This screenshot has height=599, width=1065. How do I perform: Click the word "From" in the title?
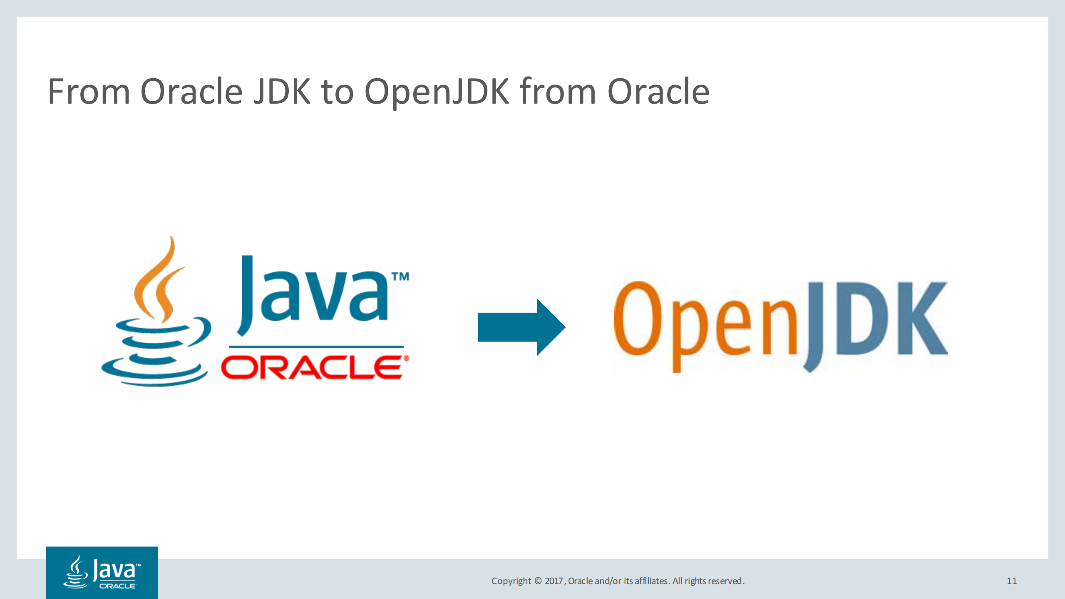(x=89, y=92)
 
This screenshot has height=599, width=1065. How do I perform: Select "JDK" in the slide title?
(x=282, y=92)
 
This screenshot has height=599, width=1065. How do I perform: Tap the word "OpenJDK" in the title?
(x=437, y=92)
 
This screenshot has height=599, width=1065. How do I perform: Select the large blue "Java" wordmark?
(x=312, y=296)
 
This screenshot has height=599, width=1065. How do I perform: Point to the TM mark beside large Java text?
(x=400, y=277)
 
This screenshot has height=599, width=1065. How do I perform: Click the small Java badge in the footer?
(x=102, y=572)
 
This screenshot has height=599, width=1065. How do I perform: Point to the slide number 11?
(x=1012, y=581)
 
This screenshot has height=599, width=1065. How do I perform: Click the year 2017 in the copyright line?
(x=554, y=581)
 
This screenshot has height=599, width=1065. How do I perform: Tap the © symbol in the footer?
(x=538, y=581)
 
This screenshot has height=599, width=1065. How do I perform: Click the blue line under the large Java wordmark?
(x=316, y=346)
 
